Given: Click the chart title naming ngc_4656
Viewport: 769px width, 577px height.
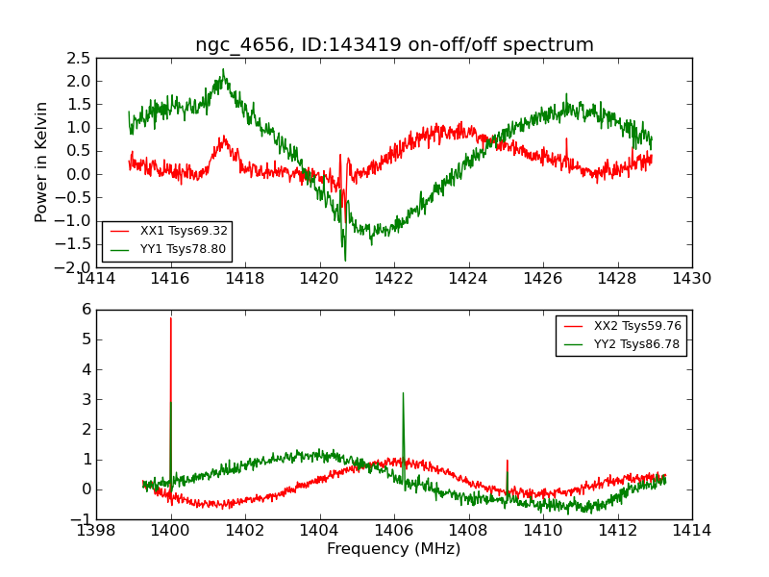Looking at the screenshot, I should pos(394,45).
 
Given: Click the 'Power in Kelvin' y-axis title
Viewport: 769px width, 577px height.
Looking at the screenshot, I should pos(41,162).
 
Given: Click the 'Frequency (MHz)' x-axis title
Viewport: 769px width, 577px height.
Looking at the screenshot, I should pos(393,549).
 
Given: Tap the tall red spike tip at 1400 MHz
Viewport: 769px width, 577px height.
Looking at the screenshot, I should pos(171,318).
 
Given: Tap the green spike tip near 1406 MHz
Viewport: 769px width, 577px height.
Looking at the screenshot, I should pos(403,392).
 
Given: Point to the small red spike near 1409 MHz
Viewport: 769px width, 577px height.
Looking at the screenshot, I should pos(507,461).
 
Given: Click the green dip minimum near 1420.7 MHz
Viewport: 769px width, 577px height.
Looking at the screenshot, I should pos(345,261).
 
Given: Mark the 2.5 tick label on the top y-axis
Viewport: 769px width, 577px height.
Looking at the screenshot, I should pos(78,58).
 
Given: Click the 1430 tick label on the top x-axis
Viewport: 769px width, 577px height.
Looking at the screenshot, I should pos(691,279).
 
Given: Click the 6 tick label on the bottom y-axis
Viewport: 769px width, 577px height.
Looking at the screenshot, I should pos(87,310).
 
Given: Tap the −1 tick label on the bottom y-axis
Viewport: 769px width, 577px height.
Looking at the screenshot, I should pos(83,519).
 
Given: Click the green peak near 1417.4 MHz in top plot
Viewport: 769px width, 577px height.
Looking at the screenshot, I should pos(223,69).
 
